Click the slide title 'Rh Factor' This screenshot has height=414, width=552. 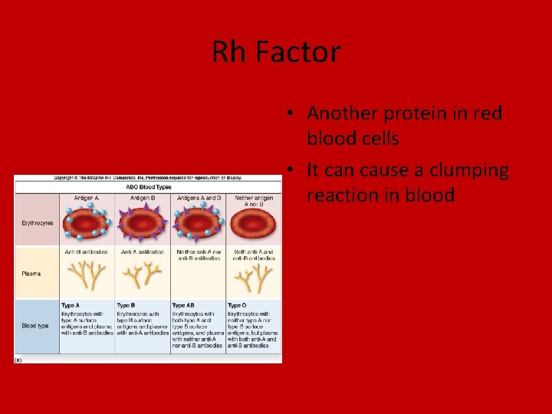point(276,53)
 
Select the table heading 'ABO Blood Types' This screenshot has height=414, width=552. point(148,187)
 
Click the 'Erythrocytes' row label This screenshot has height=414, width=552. point(35,223)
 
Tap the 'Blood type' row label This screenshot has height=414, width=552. point(34,326)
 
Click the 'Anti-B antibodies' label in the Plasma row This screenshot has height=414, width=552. point(86,251)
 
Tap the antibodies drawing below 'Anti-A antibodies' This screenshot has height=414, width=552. point(142,276)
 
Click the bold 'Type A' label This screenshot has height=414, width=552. point(71,305)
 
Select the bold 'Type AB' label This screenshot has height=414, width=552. point(183,305)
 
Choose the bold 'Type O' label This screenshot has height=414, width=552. point(238,305)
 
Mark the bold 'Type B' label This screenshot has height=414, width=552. point(127,305)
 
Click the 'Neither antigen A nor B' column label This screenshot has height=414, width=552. point(253,201)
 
